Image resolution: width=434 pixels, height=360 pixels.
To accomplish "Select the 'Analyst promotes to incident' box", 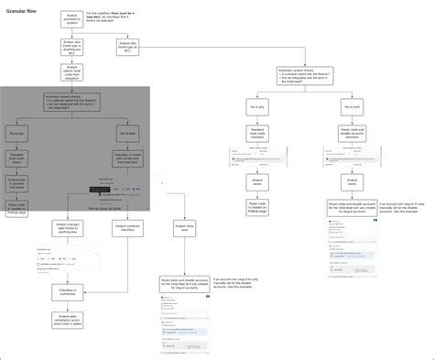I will click(x=72, y=18).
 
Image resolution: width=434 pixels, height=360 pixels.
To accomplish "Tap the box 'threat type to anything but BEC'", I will click(x=72, y=46).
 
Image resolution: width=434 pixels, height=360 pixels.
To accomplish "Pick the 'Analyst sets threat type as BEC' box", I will click(x=128, y=46).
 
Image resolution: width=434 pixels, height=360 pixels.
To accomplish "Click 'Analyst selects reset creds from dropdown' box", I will click(x=72, y=72).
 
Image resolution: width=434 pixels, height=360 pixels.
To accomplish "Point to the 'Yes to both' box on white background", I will click(x=352, y=107).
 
